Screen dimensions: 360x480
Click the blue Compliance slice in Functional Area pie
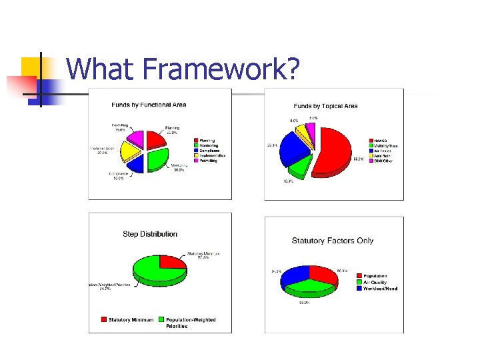[x=136, y=161]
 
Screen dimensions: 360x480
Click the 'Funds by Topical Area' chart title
[x=325, y=106]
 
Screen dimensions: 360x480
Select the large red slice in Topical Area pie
[x=339, y=150]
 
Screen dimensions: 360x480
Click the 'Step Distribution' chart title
[x=150, y=234]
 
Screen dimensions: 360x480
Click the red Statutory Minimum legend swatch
[x=104, y=320]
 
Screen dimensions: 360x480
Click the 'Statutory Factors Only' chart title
[x=333, y=241]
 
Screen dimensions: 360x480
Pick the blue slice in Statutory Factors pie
[x=295, y=275]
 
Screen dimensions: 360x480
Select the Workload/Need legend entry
[x=381, y=289]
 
